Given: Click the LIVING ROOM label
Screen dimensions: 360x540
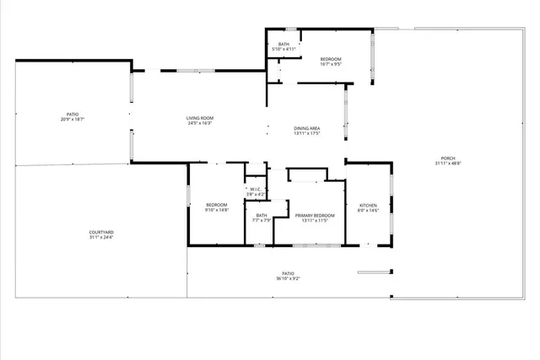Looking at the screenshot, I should (200, 117).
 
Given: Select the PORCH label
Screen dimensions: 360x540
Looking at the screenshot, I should (447, 159).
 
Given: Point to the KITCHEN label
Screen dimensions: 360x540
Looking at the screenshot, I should (369, 206).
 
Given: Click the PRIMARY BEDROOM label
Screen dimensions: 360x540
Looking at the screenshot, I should (315, 215).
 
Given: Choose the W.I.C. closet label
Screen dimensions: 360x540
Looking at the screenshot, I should (255, 189).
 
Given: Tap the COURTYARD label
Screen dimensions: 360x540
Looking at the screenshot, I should (101, 232).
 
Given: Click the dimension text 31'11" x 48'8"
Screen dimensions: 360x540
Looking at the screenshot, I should (447, 164).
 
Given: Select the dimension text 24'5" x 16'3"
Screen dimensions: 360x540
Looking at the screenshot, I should (200, 123).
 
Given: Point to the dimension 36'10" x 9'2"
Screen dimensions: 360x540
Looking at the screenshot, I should (288, 278).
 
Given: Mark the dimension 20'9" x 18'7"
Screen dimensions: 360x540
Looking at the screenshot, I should (73, 120).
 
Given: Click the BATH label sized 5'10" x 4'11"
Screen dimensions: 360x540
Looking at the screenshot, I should (284, 44).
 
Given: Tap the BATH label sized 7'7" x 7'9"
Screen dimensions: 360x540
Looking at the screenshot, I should (262, 215).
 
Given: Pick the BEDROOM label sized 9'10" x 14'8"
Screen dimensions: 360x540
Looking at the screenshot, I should (217, 205).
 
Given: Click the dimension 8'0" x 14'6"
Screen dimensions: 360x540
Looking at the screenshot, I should (369, 211).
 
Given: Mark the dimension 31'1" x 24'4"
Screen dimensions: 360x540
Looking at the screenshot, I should (101, 237).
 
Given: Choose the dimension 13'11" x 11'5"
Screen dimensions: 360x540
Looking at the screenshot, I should (315, 220).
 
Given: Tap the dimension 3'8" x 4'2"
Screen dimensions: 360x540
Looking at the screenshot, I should (255, 194).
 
